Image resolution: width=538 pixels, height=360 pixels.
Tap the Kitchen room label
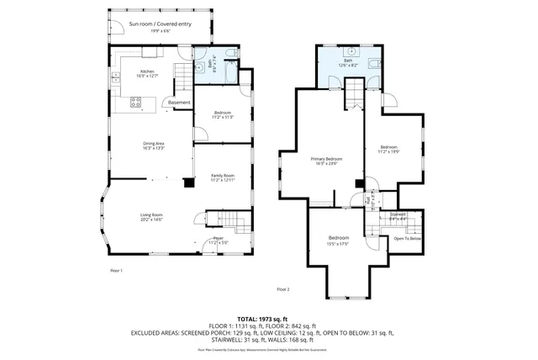point(148,73)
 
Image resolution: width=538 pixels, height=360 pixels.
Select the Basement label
point(179,103)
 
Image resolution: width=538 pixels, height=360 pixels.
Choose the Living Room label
point(151,217)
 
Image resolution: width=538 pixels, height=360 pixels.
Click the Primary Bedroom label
point(326,161)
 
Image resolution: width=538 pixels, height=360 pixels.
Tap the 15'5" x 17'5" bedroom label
point(338,241)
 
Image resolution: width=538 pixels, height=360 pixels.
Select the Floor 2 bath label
point(348,62)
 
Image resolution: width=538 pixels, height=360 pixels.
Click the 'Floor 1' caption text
point(116,271)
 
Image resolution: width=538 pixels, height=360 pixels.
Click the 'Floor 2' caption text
point(283,289)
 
